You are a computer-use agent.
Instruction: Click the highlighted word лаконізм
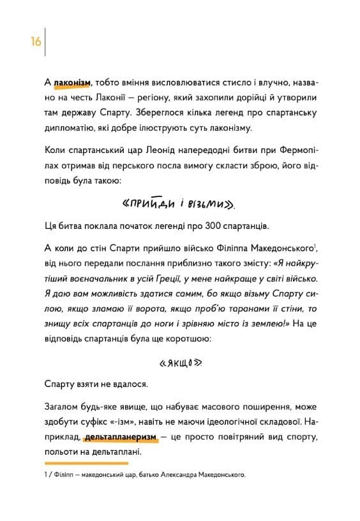(x=72, y=82)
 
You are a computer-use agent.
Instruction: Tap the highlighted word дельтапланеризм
(x=120, y=437)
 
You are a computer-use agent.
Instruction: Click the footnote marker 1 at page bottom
(x=46, y=475)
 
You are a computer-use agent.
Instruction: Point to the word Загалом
(x=63, y=407)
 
